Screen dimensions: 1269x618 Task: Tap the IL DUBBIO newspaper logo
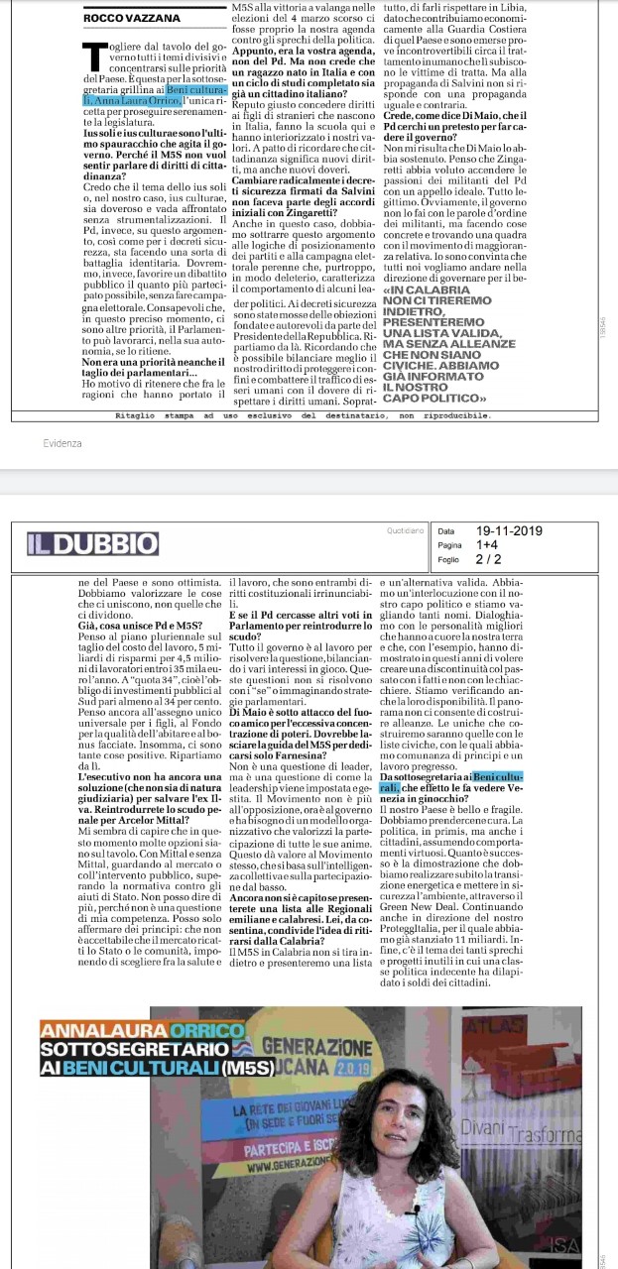(92, 543)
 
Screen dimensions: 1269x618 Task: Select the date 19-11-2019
(509, 530)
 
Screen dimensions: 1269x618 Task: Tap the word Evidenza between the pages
(62, 443)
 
